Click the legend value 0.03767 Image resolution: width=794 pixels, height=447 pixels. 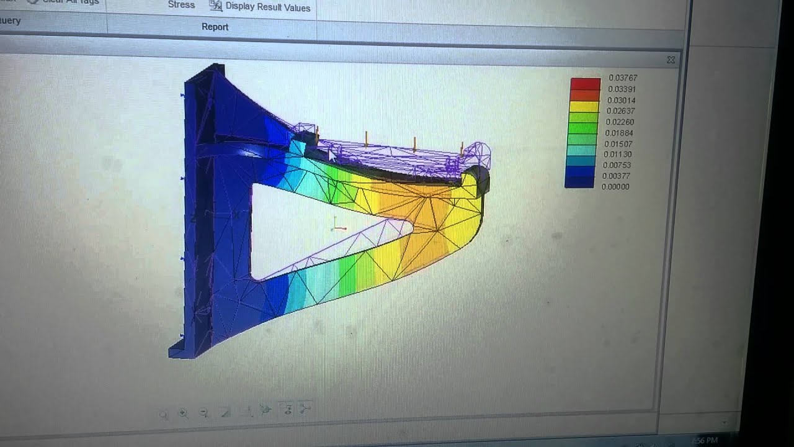[623, 78]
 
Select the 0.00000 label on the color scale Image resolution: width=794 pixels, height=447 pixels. [615, 186]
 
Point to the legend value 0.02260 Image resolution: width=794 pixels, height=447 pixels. [620, 122]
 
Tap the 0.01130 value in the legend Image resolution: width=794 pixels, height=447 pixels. [618, 155]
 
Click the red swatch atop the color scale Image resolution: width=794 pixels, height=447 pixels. [586, 84]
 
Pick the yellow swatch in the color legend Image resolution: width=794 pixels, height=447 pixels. [584, 106]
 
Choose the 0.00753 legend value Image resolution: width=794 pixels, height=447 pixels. [617, 165]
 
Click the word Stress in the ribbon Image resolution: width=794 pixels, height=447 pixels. [181, 5]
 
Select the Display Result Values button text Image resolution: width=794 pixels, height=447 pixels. [267, 7]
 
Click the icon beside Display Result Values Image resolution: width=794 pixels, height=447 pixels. [215, 6]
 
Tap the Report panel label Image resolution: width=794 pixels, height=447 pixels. [215, 27]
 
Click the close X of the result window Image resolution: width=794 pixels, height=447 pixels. [671, 60]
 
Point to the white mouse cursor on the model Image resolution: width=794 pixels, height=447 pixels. [332, 155]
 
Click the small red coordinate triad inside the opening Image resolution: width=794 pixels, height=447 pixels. [338, 227]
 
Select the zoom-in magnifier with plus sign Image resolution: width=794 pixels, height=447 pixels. [183, 413]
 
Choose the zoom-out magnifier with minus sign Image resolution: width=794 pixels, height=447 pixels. [203, 413]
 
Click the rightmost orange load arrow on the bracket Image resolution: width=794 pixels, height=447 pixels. [462, 149]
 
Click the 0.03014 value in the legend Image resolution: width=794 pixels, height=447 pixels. [621, 100]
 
